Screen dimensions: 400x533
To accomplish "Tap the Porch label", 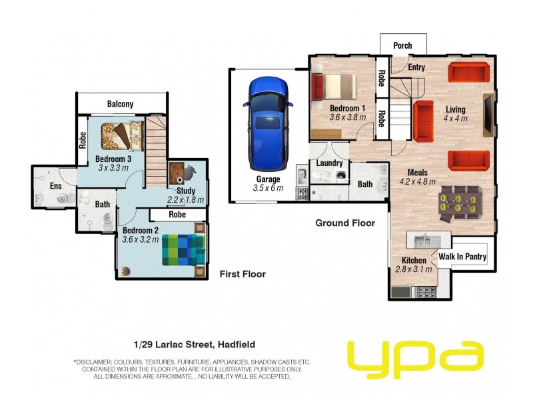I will pos(402,46).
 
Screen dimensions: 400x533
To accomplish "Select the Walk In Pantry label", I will pos(462,257).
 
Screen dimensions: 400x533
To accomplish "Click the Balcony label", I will pos(120,104).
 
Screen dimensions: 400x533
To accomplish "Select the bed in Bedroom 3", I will pos(122,136).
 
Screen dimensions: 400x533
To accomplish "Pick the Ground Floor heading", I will pos(344,223).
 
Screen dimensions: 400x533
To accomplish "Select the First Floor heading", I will pos(243,274).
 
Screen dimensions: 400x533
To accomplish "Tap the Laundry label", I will pos(330,163).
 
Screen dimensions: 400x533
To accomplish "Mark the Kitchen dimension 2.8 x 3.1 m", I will pos(414,269).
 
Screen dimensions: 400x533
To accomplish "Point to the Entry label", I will pos(416,67).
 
